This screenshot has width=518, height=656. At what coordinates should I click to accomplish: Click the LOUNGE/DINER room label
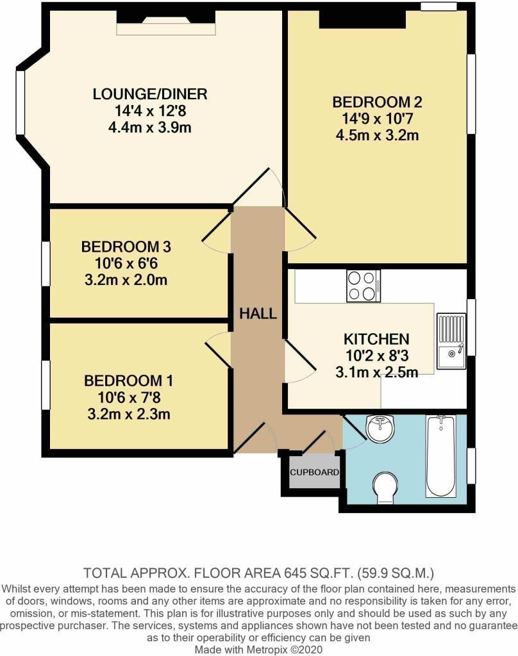[150, 94]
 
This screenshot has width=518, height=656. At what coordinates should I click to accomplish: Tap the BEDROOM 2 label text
[377, 102]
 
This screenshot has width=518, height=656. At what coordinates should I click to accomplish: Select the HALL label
[258, 313]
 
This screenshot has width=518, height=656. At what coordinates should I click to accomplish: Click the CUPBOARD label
[315, 472]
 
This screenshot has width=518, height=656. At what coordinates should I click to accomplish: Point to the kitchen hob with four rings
[363, 286]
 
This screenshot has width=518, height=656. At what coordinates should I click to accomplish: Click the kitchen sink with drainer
[451, 341]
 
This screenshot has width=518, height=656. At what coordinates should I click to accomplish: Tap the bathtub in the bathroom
[440, 456]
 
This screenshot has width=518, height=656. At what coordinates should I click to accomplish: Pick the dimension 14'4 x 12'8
[150, 111]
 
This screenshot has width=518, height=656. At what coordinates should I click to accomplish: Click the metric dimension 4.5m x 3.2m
[377, 135]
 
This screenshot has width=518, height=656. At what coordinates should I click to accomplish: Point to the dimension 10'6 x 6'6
[126, 263]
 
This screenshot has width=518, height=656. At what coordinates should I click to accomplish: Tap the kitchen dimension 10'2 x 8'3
[376, 356]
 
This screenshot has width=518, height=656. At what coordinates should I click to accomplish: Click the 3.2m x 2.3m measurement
[129, 414]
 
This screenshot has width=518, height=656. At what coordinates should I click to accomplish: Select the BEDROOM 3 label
[126, 247]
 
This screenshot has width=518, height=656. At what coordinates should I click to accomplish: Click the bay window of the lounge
[20, 103]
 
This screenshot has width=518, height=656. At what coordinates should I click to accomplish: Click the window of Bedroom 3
[46, 263]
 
